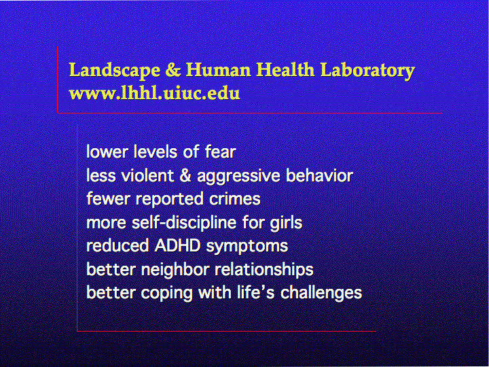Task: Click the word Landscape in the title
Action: [x=114, y=70]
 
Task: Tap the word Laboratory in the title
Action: [x=367, y=70]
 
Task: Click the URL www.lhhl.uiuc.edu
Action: [x=154, y=93]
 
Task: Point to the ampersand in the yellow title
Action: [x=173, y=69]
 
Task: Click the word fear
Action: [x=220, y=152]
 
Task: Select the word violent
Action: [x=147, y=175]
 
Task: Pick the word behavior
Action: [x=319, y=175]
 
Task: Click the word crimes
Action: [x=234, y=198]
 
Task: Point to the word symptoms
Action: [x=247, y=247]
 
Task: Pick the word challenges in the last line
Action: [x=321, y=294]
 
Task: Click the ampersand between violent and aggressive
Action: [x=185, y=175]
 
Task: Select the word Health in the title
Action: [x=285, y=69]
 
